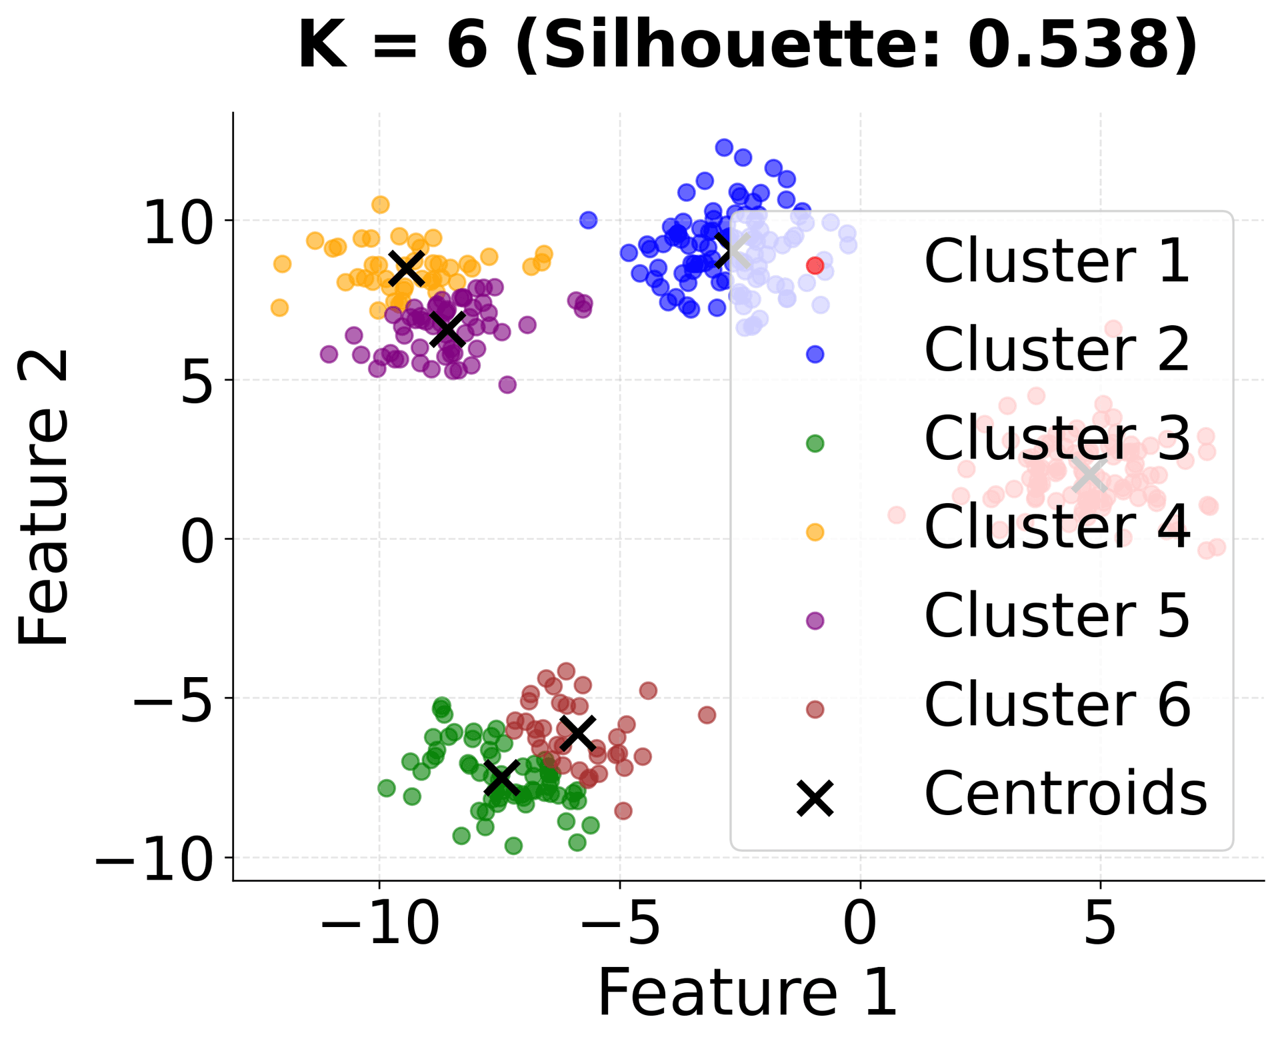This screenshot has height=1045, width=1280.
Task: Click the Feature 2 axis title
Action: [43, 497]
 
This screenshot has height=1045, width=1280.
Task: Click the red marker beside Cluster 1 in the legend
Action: [815, 265]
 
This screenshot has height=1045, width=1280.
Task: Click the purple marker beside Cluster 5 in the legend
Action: [815, 620]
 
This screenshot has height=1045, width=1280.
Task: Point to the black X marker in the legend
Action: [815, 798]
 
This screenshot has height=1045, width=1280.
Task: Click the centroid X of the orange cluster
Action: [407, 268]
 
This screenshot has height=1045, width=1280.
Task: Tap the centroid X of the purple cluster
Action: [447, 329]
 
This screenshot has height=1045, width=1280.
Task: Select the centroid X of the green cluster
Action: [501, 778]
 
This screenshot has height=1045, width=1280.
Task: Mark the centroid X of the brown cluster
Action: [577, 732]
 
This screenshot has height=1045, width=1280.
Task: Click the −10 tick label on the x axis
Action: [380, 925]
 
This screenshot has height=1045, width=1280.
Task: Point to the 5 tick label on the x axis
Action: [1100, 925]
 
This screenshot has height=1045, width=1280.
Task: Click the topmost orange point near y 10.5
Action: [380, 205]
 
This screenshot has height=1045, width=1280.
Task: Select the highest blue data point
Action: [724, 147]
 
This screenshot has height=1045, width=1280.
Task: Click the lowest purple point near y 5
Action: [507, 385]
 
